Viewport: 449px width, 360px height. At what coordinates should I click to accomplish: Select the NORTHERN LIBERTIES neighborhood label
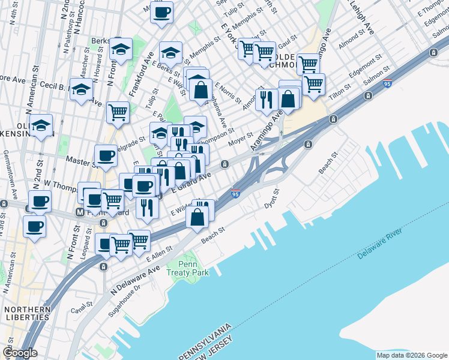26,313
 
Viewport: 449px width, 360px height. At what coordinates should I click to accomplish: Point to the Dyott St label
273,199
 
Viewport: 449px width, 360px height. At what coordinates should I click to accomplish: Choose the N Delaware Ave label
134,280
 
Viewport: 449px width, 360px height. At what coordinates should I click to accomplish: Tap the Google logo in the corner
20,353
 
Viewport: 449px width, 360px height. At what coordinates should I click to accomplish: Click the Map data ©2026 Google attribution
411,355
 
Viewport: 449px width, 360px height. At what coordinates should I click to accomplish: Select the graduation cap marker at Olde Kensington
41,125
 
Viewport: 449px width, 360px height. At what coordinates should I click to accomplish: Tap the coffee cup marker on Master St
106,155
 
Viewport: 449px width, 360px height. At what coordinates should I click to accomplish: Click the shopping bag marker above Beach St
197,218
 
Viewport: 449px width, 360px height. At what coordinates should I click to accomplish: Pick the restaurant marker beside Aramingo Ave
267,99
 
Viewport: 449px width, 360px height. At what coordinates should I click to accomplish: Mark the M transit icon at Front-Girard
79,212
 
